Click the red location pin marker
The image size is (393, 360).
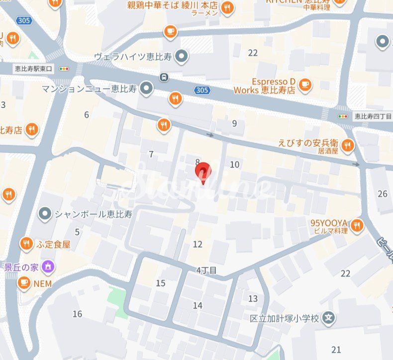click(202, 173)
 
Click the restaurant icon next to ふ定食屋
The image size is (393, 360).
click(26, 244)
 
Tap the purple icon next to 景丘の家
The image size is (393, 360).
click(48, 266)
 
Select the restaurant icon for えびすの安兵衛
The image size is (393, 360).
click(348, 145)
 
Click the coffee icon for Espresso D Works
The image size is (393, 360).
click(305, 86)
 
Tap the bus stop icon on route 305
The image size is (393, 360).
click(163, 77)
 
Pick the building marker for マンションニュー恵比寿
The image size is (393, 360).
click(146, 89)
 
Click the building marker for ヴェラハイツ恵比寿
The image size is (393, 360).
click(182, 57)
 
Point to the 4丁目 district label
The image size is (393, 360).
click(206, 270)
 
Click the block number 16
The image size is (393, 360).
click(77, 314)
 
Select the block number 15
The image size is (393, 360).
click(160, 283)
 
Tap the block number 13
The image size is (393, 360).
click(253, 298)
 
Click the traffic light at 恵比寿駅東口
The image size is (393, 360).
click(64, 68)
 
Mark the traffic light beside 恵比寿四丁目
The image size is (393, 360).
click(343, 117)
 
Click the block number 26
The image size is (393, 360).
click(382, 194)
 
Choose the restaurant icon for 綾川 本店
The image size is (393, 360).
click(227, 7)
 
